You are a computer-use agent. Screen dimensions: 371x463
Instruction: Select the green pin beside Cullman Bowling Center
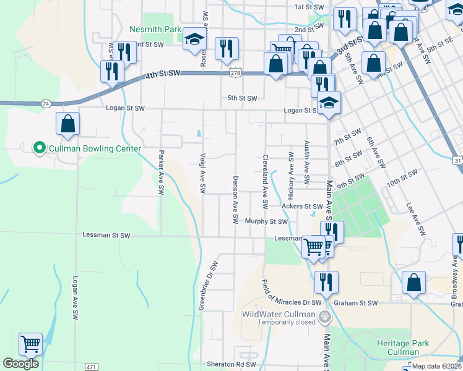coord(39,148)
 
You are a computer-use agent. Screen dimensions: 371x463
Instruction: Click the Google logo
coord(20,364)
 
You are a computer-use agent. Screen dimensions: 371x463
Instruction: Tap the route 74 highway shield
coord(46,104)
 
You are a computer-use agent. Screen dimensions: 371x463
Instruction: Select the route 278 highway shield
coord(236,73)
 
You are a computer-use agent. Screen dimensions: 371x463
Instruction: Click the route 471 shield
coord(92,367)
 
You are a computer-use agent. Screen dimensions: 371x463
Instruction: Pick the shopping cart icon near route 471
coord(30,344)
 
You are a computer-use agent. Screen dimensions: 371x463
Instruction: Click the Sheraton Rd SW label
coord(231,365)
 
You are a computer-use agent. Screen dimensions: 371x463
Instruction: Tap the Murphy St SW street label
coord(266,221)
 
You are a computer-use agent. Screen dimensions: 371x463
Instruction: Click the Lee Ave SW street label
coord(416,220)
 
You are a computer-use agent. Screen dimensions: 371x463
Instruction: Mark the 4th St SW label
coord(163,74)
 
